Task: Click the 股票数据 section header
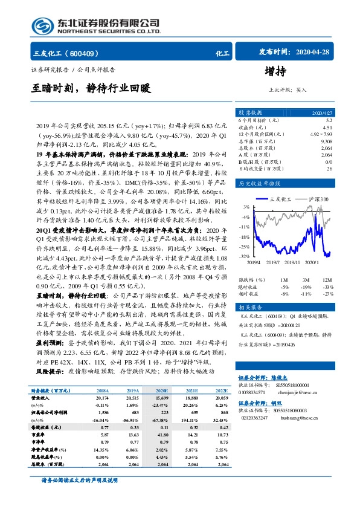click(249, 112)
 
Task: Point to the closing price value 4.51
click(326, 128)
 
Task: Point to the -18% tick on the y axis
click(245, 236)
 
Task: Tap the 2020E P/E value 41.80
click(161, 401)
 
